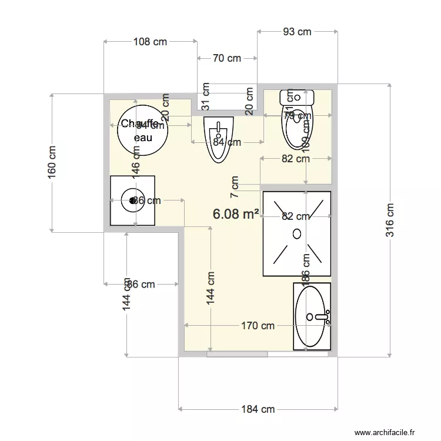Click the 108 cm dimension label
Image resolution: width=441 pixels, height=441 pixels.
pyautogui.click(x=151, y=42)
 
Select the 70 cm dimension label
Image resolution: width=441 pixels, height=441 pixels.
pyautogui.click(x=227, y=58)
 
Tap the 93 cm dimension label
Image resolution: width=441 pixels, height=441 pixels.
pyautogui.click(x=297, y=32)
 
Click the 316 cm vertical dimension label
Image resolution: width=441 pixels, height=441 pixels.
pyautogui.click(x=389, y=220)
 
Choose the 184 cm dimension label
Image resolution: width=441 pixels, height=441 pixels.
pyautogui.click(x=258, y=409)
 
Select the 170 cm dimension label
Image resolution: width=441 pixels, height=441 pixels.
pyautogui.click(x=258, y=326)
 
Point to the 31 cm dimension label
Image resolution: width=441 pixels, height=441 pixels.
pyautogui.click(x=206, y=96)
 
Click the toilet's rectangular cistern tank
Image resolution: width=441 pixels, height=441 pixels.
pyautogui.click(x=298, y=96)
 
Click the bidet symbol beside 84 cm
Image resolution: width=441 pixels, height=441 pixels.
pyautogui.click(x=218, y=139)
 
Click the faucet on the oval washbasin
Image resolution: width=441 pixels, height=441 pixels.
pyautogui.click(x=322, y=318)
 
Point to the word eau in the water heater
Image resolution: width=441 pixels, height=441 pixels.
pyautogui.click(x=143, y=137)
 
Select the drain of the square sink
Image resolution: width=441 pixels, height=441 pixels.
pyautogui.click(x=131, y=201)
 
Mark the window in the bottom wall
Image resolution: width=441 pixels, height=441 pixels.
pyautogui.click(x=237, y=355)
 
